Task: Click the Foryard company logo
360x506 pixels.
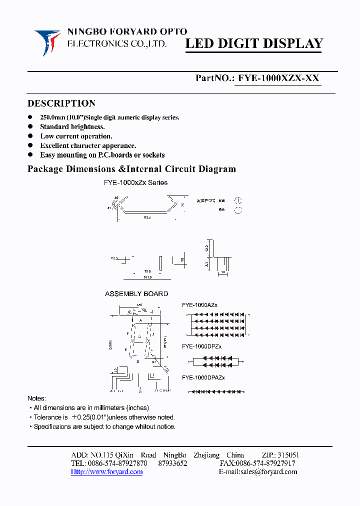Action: coord(47,42)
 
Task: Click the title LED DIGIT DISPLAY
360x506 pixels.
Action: coord(254,44)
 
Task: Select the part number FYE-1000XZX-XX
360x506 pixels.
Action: coord(278,78)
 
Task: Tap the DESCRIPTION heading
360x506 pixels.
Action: coord(61,103)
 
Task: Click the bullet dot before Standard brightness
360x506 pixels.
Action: coord(30,126)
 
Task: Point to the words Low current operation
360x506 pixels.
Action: coord(76,136)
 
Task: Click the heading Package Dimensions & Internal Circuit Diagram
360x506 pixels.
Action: coord(131,169)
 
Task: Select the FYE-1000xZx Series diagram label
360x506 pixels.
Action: coord(135,183)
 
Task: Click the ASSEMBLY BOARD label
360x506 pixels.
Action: coord(136,294)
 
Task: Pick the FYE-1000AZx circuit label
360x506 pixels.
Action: coord(199,305)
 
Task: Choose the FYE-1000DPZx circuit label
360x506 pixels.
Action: coord(201,346)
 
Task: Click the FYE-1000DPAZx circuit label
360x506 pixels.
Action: coord(203,377)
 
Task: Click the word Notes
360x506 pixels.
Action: coord(36,398)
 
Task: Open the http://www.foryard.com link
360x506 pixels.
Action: coord(106,472)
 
